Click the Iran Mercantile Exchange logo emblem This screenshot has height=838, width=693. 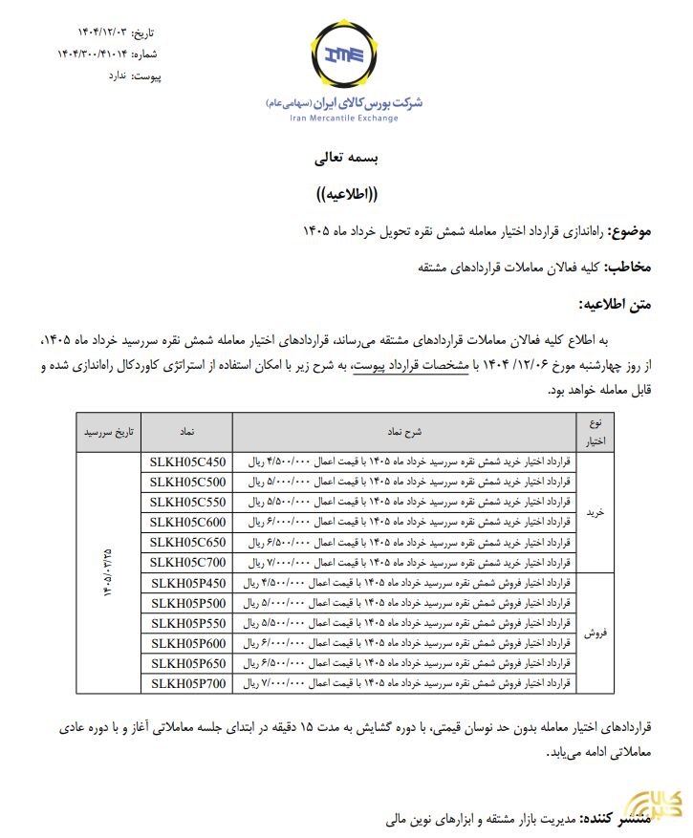pyautogui.click(x=345, y=57)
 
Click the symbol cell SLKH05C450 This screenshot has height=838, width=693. pyautogui.click(x=187, y=461)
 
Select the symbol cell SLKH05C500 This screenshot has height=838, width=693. pyautogui.click(x=187, y=481)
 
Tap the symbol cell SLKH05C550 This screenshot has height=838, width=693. pyautogui.click(x=187, y=501)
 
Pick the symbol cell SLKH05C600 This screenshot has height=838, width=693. pyautogui.click(x=187, y=521)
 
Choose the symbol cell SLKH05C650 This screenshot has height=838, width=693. pyautogui.click(x=187, y=541)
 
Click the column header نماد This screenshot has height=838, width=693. pyautogui.click(x=187, y=431)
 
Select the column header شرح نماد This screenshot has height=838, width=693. pyautogui.click(x=402, y=431)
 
